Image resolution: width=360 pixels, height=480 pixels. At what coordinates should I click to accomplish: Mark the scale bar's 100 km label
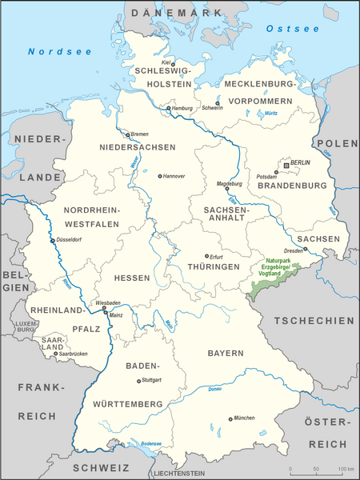pos(345,469)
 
